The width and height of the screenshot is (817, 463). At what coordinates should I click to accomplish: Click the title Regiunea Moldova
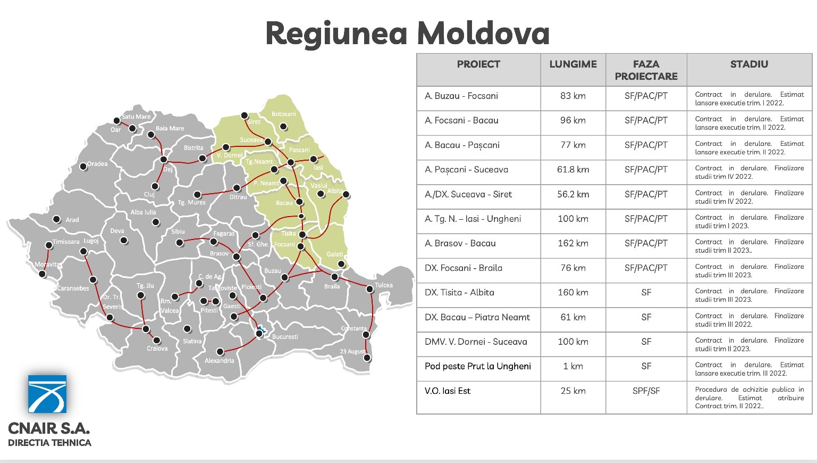point(407,33)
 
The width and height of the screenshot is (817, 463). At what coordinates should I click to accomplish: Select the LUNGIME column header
point(572,64)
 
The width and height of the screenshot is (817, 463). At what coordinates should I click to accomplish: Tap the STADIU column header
point(749,64)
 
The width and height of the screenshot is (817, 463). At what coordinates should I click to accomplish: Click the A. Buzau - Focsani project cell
point(461,96)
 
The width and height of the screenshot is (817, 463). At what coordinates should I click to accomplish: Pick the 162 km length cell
point(572,244)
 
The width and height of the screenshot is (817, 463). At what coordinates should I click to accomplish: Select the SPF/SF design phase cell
point(646,391)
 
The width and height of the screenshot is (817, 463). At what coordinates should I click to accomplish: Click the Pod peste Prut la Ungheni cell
point(477,366)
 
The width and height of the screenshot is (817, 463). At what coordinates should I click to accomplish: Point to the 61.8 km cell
point(572,170)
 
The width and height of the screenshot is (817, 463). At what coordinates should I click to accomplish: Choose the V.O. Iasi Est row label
point(448,391)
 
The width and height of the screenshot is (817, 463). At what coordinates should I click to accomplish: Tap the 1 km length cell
point(572,367)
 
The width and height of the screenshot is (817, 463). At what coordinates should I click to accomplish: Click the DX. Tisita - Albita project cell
point(459,293)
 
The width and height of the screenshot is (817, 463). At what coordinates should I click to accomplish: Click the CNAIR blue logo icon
point(47,394)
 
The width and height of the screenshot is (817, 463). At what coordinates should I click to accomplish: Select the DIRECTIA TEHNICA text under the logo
point(49,443)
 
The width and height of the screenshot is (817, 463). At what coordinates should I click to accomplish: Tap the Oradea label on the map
point(97,164)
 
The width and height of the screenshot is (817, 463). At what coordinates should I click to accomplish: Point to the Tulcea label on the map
point(384,285)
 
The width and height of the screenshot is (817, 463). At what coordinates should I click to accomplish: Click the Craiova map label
point(157,349)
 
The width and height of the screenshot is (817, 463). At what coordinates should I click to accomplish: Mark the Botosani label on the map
point(283,114)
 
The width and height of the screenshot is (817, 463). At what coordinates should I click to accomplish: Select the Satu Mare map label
point(136,117)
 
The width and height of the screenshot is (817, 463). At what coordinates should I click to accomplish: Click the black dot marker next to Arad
point(57,219)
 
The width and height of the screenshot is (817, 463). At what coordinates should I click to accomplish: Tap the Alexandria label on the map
point(219,361)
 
